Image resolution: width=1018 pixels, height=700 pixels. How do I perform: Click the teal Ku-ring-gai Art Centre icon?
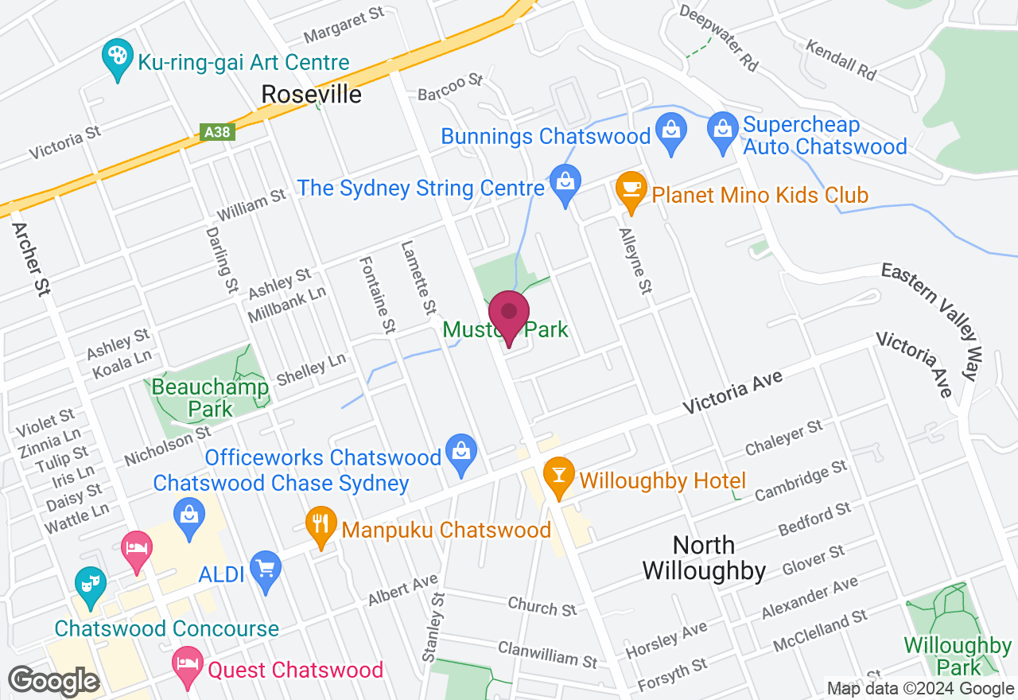pyautogui.click(x=118, y=58)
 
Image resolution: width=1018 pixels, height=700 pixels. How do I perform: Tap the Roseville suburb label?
pyautogui.click(x=312, y=95)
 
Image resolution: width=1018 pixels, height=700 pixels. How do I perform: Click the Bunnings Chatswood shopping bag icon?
pyautogui.click(x=671, y=132)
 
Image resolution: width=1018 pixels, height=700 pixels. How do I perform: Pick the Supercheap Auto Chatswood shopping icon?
pyautogui.click(x=723, y=132)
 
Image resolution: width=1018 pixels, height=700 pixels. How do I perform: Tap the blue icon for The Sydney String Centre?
pyautogui.click(x=565, y=185)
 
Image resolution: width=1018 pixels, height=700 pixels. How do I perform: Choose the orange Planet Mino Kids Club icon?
pyautogui.click(x=631, y=191)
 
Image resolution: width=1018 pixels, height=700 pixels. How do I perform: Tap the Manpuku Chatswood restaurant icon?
pyautogui.click(x=321, y=525)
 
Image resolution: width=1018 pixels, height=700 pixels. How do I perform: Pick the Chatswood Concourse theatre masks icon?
pyautogui.click(x=89, y=585)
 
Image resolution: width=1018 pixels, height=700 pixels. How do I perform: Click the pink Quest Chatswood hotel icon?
pyautogui.click(x=187, y=666)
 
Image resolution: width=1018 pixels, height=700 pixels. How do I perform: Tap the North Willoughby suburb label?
pyautogui.click(x=704, y=558)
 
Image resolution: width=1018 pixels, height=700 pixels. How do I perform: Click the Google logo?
pyautogui.click(x=53, y=682)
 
